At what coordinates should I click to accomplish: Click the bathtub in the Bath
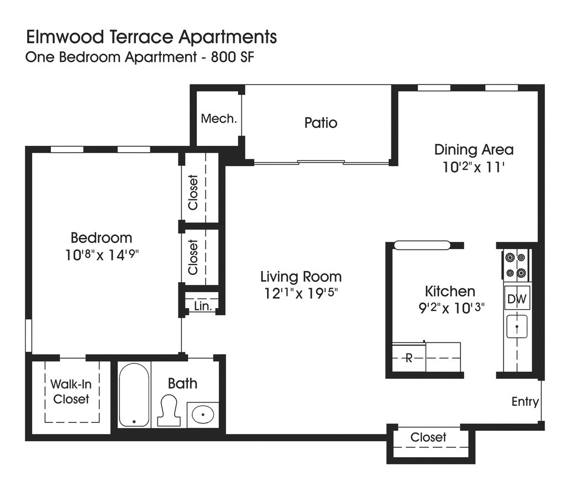click(134, 394)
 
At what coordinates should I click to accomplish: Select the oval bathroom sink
click(203, 414)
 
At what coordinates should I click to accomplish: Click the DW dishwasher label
click(517, 299)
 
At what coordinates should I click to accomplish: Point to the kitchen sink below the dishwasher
click(517, 326)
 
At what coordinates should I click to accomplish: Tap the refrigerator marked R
click(409, 358)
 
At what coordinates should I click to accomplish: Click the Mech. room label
click(219, 119)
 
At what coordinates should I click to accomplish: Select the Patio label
click(321, 123)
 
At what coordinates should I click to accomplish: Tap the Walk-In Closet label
click(71, 391)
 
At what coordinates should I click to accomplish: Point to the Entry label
click(525, 402)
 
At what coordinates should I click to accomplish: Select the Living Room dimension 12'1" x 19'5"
click(301, 293)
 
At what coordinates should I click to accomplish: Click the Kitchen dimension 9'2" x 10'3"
click(451, 308)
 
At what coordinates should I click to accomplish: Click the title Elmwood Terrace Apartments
click(151, 38)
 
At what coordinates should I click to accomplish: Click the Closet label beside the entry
click(428, 437)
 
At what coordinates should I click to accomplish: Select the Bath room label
click(182, 383)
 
